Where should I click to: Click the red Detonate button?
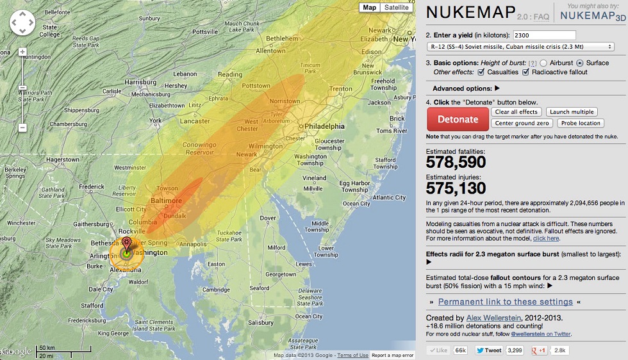[x=458, y=119]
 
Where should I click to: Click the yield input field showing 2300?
[x=540, y=35]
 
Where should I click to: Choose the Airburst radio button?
[x=543, y=63]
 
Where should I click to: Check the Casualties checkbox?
[x=481, y=72]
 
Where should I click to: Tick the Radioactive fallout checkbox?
[x=527, y=72]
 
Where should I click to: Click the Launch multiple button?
[x=572, y=112]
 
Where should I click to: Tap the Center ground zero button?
[x=522, y=123]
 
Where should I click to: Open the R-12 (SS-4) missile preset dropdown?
[x=520, y=47]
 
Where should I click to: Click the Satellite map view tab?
[x=397, y=8]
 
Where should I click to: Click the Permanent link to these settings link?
[x=506, y=302]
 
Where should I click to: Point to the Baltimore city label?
[x=165, y=201]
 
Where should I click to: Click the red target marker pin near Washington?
[x=127, y=243]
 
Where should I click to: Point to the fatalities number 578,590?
[x=456, y=163]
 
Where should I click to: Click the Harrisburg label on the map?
[x=140, y=83]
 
